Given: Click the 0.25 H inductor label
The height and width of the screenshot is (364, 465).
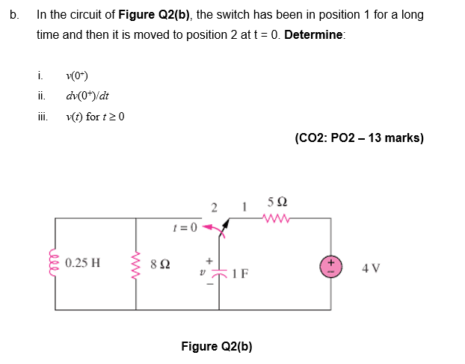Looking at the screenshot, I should [84, 263].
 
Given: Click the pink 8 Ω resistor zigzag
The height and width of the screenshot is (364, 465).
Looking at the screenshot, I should [136, 264].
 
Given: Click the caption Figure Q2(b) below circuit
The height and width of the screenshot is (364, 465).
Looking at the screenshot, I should [217, 346].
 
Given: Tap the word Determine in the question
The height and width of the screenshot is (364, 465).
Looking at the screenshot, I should [314, 36].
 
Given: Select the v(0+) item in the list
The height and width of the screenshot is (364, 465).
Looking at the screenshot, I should [79, 75].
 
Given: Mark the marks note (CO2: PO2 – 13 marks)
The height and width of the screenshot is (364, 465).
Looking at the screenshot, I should [360, 138].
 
